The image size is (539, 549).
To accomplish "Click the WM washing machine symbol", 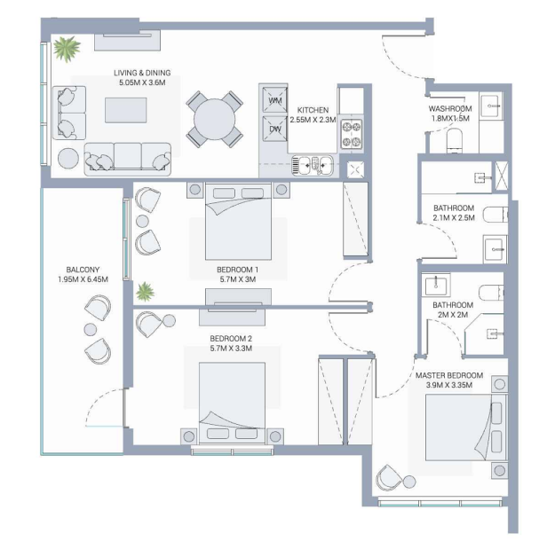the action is point(274,100).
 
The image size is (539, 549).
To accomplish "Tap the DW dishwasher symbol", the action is point(274,129).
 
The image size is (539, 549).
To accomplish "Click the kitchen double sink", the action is point(313,165).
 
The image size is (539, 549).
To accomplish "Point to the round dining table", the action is point(215,119).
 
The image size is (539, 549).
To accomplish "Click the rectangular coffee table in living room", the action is point(126,110).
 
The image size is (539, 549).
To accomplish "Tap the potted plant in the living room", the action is point(67,48).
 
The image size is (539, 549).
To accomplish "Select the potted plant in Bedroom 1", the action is point(145,291).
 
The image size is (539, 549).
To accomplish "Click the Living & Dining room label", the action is point(142,73).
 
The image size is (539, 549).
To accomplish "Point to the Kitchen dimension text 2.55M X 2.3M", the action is point(313,120).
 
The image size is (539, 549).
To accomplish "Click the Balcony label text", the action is point(83,270).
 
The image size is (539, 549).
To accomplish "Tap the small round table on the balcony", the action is point(90,329).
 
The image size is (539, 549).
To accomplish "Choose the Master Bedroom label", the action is point(449,375).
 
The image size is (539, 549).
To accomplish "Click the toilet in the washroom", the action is point(455,140).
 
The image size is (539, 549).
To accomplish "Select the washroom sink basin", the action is point(491,105).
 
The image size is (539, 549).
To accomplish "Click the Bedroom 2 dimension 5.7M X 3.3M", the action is point(231,349).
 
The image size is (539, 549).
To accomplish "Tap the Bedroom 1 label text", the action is point(238,270).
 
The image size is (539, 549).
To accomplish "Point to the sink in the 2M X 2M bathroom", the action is point(436,286).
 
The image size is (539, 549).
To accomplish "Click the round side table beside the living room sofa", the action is point(68,159).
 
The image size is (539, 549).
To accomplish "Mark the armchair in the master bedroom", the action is point(388,477).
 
